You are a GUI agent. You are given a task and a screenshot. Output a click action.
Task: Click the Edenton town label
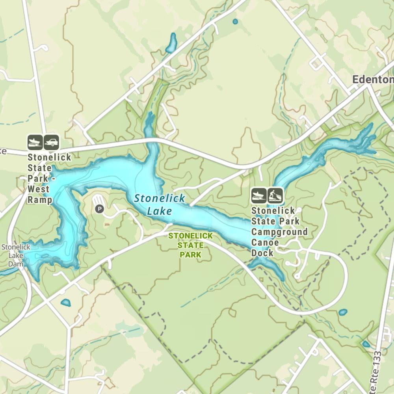point(372,80)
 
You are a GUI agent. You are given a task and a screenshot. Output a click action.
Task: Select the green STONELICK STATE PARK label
point(191,245)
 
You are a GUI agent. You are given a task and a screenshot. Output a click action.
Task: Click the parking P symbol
point(99,209)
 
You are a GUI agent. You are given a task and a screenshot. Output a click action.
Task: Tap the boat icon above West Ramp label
point(35,142)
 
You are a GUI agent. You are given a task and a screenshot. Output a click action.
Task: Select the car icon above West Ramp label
point(51,142)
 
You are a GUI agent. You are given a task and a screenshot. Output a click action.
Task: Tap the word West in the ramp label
point(38,189)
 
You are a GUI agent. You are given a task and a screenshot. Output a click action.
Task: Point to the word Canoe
point(265,242)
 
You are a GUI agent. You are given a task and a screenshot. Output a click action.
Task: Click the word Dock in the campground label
point(262,253)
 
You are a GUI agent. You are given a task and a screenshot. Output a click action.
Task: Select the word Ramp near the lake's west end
point(40,200)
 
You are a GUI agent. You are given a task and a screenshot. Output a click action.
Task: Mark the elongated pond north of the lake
point(171,43)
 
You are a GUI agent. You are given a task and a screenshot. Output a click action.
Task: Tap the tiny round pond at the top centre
point(235,21)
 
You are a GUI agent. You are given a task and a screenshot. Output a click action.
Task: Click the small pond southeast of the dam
point(65,303)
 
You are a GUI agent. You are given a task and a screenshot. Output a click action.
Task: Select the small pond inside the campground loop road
point(343,312)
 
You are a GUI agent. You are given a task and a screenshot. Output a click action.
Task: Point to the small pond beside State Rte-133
point(366,344)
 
